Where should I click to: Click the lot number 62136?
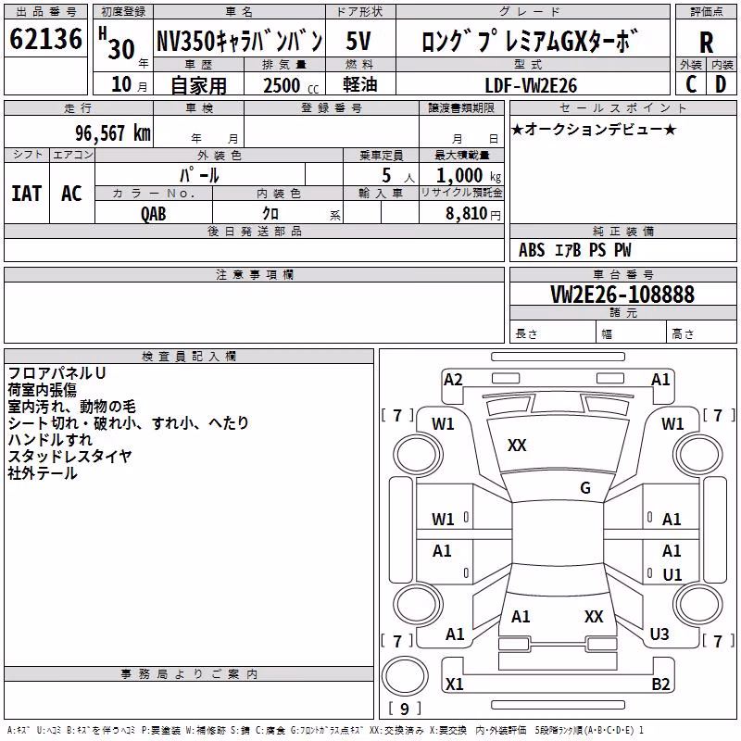[x=45, y=38]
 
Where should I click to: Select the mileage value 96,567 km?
[x=113, y=133]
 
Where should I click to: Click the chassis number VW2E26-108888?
[x=622, y=294]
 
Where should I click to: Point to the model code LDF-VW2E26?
[x=531, y=85]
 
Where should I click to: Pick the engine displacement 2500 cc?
[x=291, y=85]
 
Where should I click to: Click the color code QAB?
[x=154, y=214]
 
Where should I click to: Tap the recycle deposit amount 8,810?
[x=467, y=213]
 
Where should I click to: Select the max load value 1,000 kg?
[x=469, y=176]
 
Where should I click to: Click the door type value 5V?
[x=358, y=41]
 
